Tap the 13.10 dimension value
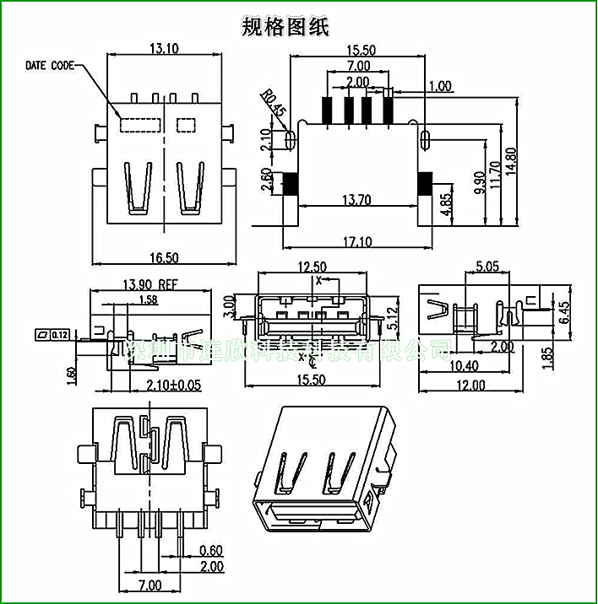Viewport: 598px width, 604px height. click(163, 49)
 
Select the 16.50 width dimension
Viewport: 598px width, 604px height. click(162, 257)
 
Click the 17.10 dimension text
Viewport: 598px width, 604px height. click(357, 242)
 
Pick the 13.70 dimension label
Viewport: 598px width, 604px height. click(357, 199)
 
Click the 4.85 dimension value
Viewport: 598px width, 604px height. click(447, 205)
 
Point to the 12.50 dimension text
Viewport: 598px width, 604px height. click(313, 267)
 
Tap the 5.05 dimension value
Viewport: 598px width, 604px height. click(487, 267)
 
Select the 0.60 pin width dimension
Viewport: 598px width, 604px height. click(210, 552)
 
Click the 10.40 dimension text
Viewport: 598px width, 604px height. click(460, 366)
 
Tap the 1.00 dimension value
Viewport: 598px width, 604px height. click(440, 86)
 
